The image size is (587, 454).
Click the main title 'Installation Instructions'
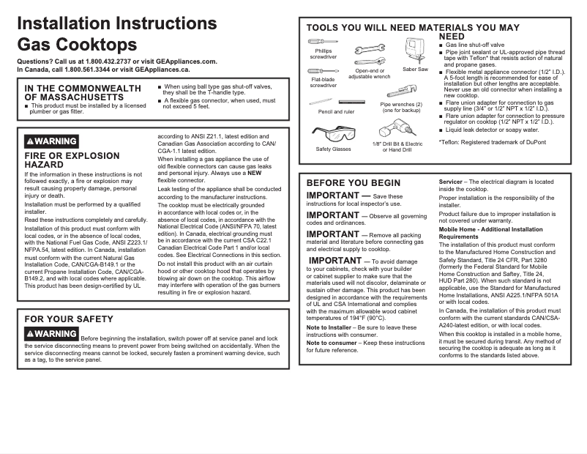click(116, 23)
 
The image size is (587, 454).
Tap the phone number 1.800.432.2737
click(106, 62)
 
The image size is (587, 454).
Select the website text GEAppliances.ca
click(162, 70)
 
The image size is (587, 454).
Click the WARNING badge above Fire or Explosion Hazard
click(51, 141)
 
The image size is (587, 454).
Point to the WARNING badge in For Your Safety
click(51, 334)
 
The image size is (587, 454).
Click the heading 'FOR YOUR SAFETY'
click(69, 319)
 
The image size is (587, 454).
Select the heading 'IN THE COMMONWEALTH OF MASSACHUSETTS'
click(82, 92)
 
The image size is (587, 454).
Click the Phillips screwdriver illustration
click(322, 42)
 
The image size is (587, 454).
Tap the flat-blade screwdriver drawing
click(323, 71)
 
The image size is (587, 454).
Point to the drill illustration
click(396, 131)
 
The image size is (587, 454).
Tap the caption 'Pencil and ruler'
click(336, 112)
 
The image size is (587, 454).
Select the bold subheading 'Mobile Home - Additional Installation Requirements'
click(490, 233)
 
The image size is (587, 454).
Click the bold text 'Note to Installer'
click(329, 327)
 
